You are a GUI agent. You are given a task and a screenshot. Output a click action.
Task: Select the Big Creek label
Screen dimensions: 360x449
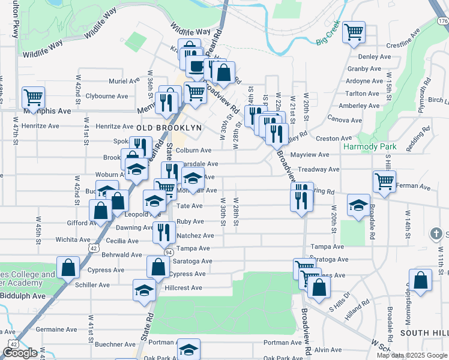click(328, 41)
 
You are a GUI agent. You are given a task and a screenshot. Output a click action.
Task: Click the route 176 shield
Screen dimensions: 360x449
click(443, 20)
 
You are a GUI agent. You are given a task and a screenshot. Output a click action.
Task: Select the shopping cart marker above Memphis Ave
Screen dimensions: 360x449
click(33, 97)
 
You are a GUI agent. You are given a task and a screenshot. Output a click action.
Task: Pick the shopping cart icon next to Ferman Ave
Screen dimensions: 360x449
click(384, 181)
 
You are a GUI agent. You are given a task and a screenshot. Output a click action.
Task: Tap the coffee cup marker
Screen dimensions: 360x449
click(196, 66)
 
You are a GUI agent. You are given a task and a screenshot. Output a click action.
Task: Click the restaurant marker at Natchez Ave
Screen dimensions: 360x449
click(164, 232)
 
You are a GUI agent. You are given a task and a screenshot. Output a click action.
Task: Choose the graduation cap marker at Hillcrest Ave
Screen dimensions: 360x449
click(144, 290)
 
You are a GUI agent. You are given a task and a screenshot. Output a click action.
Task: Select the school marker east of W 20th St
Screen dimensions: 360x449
click(358, 206)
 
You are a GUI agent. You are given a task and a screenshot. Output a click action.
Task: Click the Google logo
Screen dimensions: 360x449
click(20, 353)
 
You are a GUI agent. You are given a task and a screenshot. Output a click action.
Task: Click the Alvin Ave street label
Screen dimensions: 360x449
click(328, 350)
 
